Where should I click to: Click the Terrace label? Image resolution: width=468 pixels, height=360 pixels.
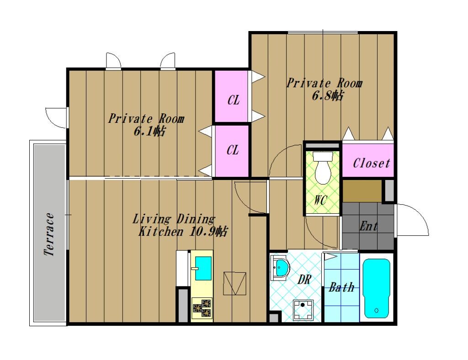(49, 234)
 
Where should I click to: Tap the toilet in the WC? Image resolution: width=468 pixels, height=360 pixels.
(323, 168)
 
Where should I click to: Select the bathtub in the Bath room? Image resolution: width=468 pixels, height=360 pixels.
(377, 288)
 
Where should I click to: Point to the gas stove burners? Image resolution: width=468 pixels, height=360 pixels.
(202, 308)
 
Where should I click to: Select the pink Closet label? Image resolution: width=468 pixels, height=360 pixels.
(371, 163)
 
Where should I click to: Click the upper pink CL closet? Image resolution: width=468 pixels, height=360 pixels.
(231, 96)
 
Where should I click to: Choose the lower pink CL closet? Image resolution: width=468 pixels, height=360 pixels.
(232, 151)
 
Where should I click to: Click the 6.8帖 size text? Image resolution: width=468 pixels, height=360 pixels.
(327, 96)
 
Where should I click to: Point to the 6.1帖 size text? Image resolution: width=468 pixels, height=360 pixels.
(149, 131)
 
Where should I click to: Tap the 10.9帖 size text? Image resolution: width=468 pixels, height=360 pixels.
(208, 231)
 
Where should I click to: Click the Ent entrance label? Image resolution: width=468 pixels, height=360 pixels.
(369, 226)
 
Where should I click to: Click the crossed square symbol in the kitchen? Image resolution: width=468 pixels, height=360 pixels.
(234, 283)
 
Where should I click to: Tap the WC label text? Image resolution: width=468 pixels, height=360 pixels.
(320, 200)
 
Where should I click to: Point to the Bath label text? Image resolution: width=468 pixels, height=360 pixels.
(341, 287)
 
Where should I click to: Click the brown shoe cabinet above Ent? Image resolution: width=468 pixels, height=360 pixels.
(362, 191)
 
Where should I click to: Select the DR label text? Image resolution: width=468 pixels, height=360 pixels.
(304, 280)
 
